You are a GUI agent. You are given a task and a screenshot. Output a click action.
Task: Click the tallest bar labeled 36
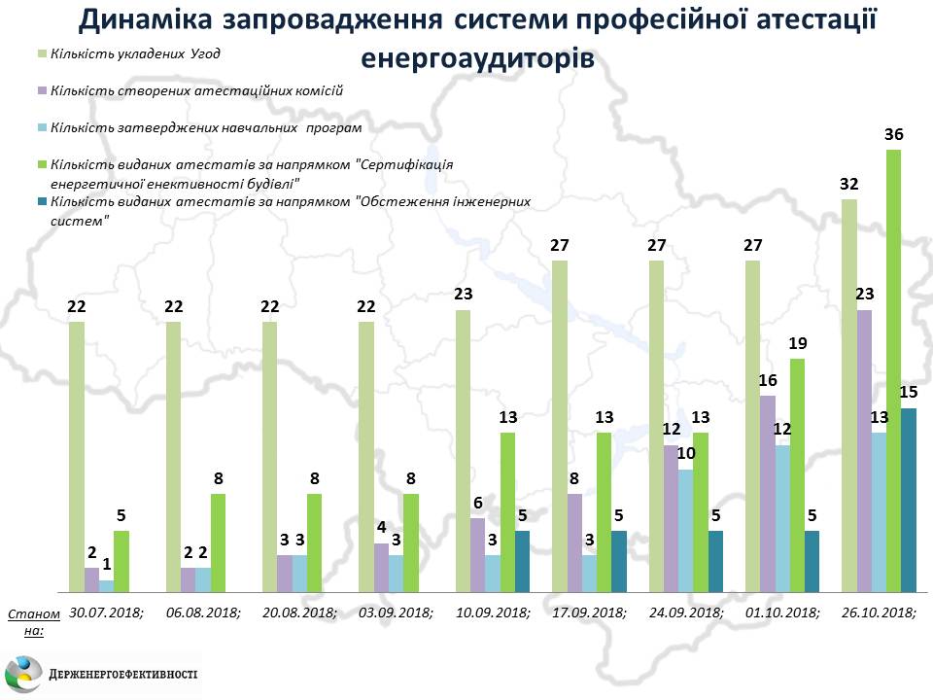tap(893, 370)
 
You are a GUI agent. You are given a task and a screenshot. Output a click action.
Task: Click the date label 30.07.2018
tap(106, 613)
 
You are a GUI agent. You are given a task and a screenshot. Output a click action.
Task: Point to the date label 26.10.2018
tap(880, 613)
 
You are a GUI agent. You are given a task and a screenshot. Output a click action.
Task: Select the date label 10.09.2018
tap(493, 613)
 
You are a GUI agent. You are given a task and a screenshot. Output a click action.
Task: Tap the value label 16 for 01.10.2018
tap(768, 381)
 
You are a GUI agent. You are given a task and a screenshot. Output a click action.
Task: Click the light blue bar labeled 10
tap(686, 531)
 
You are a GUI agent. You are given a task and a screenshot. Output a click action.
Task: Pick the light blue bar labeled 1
tap(106, 586)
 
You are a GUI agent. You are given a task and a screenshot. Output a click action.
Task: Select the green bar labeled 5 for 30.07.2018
tap(121, 561)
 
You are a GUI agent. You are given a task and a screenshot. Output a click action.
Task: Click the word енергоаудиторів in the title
tap(477, 57)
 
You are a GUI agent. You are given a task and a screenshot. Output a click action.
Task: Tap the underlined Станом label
tap(33, 614)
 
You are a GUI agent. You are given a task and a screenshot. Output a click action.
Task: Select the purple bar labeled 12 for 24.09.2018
tap(671, 518)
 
